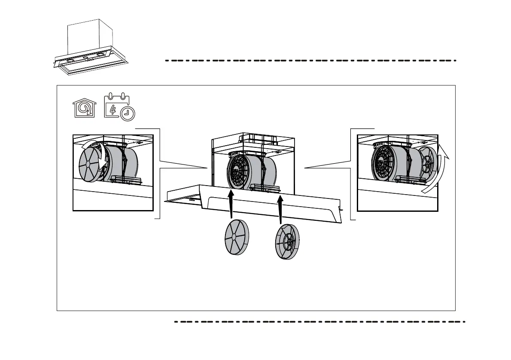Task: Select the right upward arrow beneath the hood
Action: tap(280, 209)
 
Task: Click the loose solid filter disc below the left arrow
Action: tap(237, 238)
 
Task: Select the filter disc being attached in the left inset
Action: tap(90, 164)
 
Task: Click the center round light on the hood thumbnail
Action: tap(85, 58)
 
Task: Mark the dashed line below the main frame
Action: tap(319, 321)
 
